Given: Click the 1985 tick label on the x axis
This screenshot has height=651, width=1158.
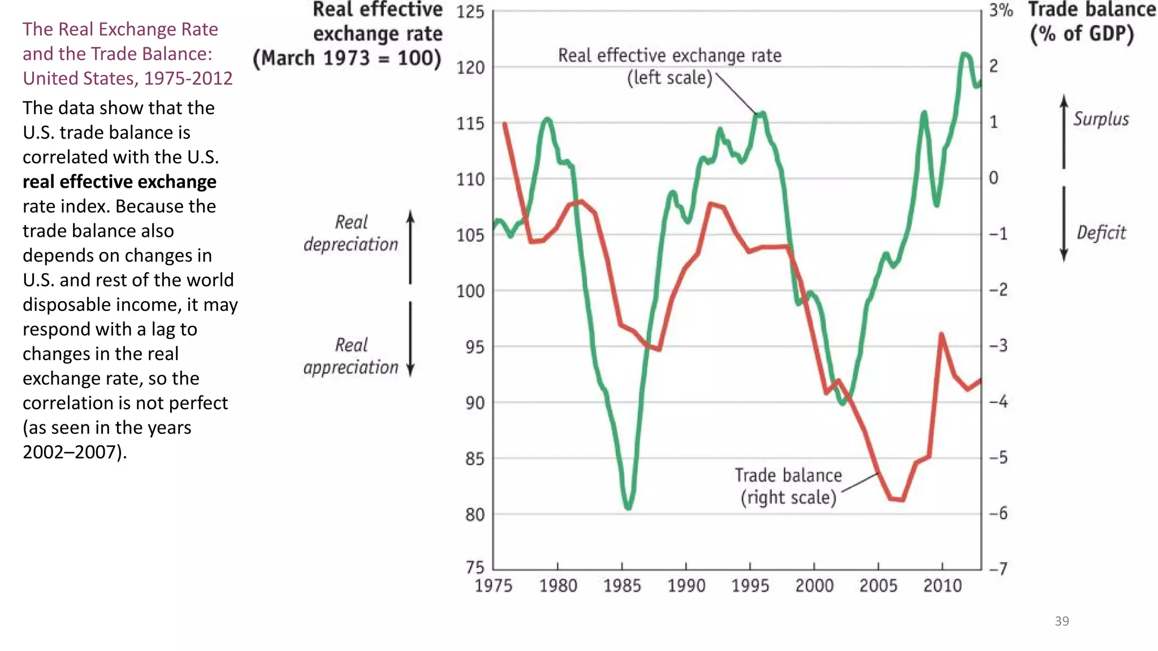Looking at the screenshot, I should pos(621,585).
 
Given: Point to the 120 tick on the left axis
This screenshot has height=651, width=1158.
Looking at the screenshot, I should pos(470,68).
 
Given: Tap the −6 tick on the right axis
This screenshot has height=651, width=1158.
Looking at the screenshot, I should pos(999,513).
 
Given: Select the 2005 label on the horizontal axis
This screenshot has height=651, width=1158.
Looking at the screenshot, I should pos(878,585).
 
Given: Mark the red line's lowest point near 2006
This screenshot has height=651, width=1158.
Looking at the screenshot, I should pos(897,500).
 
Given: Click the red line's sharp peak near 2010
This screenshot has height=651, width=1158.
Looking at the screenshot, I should pos(941,335).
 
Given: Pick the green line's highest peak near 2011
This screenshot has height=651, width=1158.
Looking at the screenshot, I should pos(965,54).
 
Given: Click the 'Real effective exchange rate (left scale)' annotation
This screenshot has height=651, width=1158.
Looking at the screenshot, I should pos(669,66).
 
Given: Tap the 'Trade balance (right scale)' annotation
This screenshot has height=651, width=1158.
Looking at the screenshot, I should pos(788,486).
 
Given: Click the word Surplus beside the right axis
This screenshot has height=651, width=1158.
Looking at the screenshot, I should pos(1101,119).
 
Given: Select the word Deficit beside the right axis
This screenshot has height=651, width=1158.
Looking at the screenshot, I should pos(1101,232).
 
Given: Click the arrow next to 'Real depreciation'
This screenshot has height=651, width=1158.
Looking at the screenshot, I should pos(411,247).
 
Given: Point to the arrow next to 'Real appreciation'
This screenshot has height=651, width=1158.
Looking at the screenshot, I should pos(411,338).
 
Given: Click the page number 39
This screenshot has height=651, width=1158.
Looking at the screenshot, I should pos(1061,621).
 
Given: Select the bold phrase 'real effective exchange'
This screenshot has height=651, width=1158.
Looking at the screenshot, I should pos(119,181).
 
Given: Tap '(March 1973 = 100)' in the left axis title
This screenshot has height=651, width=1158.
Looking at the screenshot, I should pos(347,58).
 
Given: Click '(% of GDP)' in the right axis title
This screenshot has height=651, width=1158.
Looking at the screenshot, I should pos(1081,34).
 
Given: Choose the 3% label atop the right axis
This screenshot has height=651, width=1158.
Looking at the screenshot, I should pos(1000,10).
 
